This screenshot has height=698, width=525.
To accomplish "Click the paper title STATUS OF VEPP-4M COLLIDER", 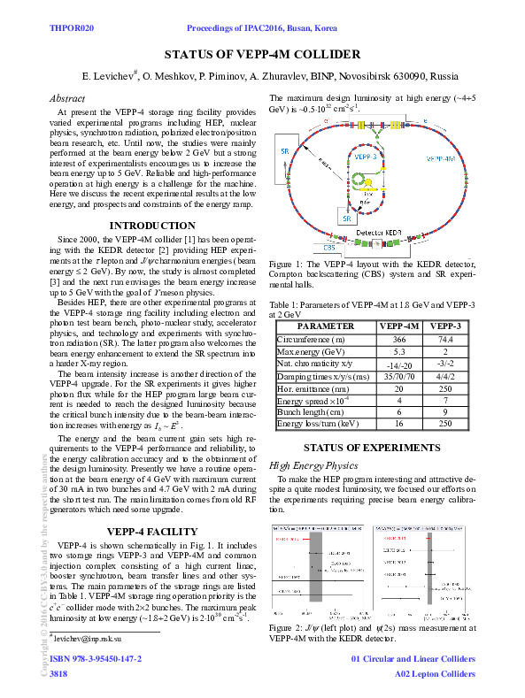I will tap(262, 54).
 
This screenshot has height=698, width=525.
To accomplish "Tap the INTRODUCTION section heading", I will tap(151, 226).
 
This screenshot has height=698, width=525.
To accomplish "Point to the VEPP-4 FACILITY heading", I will tap(151, 532).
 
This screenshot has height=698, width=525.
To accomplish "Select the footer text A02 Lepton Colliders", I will tap(435, 674).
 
